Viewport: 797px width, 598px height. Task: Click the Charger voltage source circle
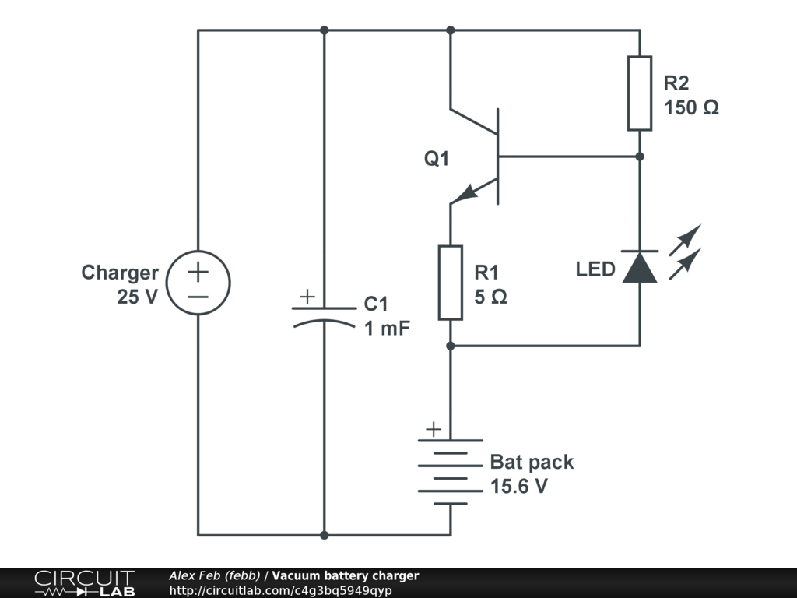[198, 283]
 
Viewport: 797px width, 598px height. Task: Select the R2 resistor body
[639, 93]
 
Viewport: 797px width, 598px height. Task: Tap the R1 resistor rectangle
[450, 283]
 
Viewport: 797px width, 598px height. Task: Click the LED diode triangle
[640, 267]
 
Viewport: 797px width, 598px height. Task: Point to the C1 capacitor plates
[325, 315]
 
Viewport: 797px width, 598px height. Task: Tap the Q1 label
[437, 159]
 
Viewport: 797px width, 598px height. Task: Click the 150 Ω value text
[691, 108]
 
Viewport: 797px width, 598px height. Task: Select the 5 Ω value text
[490, 297]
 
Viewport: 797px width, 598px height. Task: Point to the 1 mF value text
[387, 328]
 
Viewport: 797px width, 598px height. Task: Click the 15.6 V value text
[519, 487]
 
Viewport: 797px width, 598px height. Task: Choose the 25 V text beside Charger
[138, 297]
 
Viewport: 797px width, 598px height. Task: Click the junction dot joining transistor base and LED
[640, 157]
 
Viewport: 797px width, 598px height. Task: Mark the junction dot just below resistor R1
[450, 345]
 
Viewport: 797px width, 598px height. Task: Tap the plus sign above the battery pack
[433, 429]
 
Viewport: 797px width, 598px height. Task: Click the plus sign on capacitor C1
[307, 297]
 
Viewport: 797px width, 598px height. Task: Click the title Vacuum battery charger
[345, 576]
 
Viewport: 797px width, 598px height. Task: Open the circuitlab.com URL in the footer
[280, 590]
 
